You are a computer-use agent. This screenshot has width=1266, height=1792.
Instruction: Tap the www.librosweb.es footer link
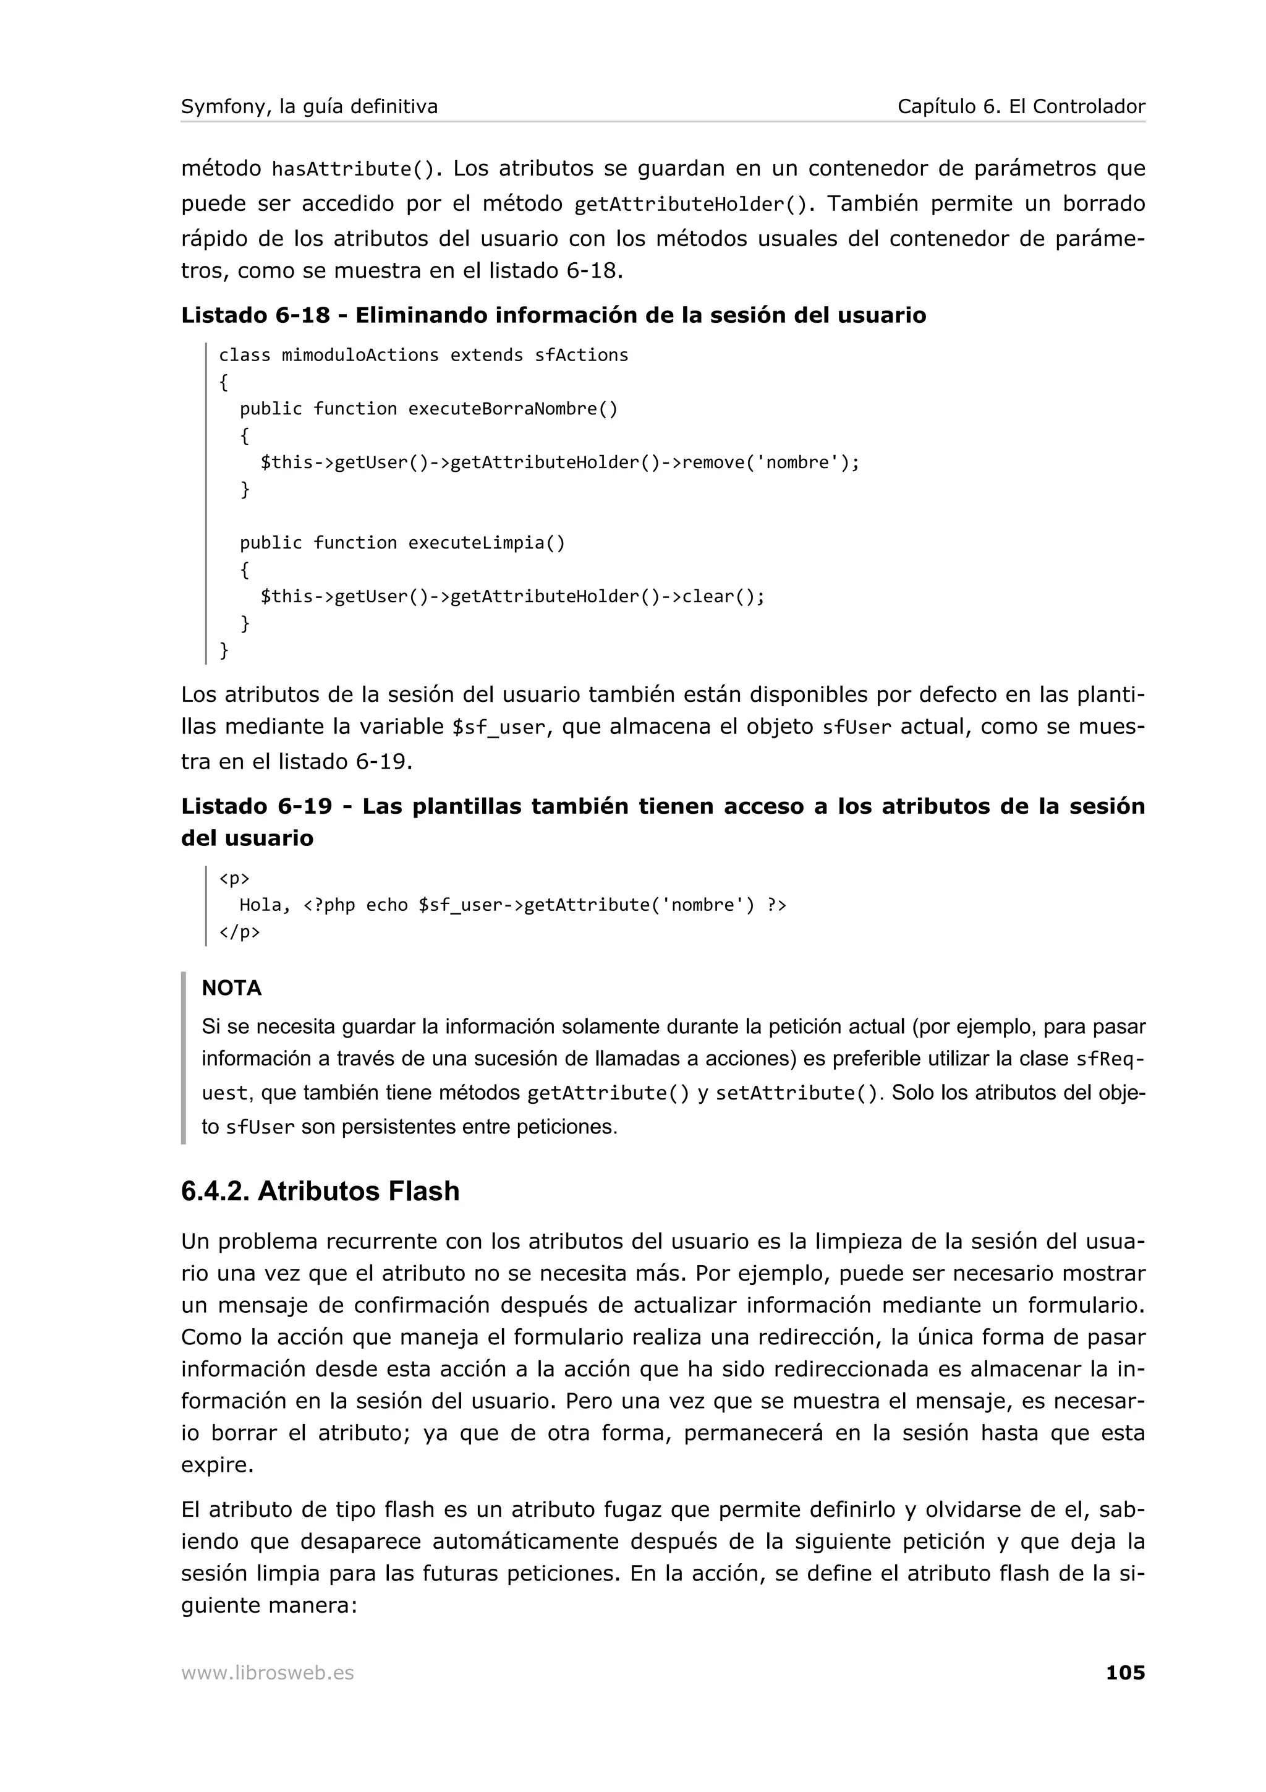pyautogui.click(x=268, y=1673)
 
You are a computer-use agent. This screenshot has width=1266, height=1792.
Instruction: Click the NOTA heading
pyautogui.click(x=232, y=988)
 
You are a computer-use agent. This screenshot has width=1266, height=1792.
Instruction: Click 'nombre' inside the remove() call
pyautogui.click(x=797, y=463)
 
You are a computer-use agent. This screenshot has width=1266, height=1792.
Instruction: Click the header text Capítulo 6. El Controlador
pyautogui.click(x=1021, y=106)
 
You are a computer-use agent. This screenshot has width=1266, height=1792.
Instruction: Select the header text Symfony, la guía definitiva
pyautogui.click(x=309, y=106)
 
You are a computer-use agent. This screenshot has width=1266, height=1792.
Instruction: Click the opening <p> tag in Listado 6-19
pyautogui.click(x=234, y=878)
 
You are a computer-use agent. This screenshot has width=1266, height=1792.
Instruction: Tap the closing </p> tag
pyautogui.click(x=239, y=932)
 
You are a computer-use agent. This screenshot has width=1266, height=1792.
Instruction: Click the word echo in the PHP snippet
pyautogui.click(x=387, y=905)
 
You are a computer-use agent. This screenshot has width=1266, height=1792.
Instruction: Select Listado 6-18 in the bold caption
pyautogui.click(x=255, y=315)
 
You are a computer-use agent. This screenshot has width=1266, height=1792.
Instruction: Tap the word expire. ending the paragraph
pyautogui.click(x=217, y=1466)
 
